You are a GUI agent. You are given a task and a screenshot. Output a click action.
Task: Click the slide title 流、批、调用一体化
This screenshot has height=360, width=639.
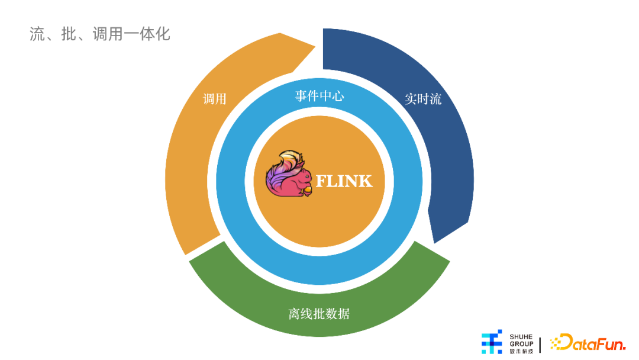pos(99,34)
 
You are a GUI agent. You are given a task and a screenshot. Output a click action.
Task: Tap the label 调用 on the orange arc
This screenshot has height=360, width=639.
pos(214,99)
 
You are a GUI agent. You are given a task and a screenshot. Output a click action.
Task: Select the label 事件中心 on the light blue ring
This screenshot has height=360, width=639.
pos(319,96)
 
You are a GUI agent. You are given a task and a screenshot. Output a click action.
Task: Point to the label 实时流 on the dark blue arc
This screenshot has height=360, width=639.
pos(423,99)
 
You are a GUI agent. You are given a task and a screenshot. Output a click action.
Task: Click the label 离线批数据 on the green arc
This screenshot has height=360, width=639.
pos(319,314)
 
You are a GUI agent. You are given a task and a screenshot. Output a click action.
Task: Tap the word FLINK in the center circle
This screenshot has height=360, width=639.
pos(344,181)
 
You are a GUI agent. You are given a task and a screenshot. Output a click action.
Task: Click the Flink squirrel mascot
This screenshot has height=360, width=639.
pos(289,173)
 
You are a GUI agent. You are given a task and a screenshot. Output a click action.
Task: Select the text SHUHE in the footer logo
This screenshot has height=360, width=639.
pos(521,337)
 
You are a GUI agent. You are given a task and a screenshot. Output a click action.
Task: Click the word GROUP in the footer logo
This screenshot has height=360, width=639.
pos(521,343)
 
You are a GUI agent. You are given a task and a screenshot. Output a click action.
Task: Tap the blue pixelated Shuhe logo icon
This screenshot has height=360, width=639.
pos(492,342)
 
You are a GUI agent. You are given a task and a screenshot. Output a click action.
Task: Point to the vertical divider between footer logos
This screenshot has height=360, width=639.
pos(540,345)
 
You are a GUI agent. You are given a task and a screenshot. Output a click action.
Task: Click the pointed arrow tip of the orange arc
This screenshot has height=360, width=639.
pos(315,47)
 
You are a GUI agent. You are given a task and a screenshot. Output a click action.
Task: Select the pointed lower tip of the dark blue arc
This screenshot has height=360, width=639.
pos(435,243)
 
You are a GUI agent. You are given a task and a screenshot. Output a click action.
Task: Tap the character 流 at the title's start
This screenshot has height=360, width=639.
pos(37,34)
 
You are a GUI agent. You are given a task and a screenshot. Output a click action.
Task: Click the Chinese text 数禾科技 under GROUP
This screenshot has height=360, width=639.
pos(521,351)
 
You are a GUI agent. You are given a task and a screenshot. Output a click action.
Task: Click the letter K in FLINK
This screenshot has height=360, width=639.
pos(364,181)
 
